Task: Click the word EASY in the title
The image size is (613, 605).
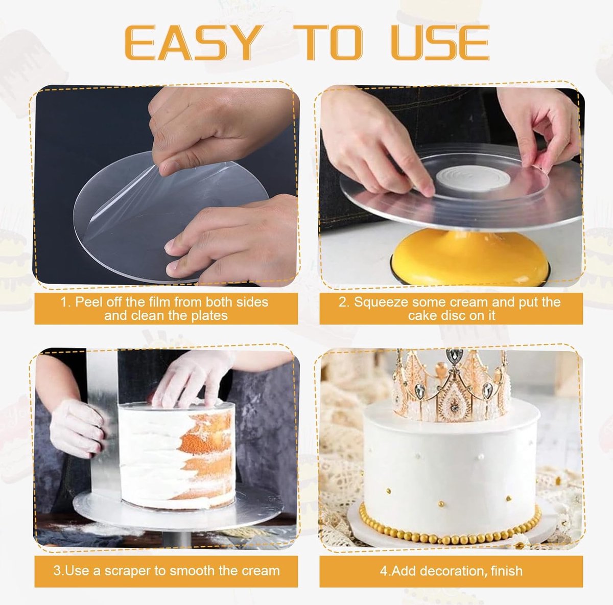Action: coord(191,43)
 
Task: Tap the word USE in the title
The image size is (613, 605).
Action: coord(440,43)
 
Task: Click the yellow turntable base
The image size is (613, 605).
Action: coord(471,258)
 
